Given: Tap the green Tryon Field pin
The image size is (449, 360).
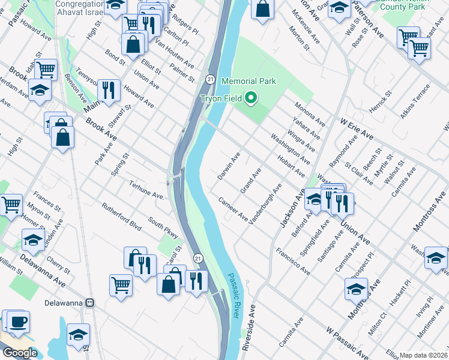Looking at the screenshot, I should click(x=253, y=98).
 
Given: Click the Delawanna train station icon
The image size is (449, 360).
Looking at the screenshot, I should click(x=90, y=302).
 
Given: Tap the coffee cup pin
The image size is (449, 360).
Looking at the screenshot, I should click(x=17, y=322).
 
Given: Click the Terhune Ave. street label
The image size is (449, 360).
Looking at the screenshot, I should click(x=146, y=192).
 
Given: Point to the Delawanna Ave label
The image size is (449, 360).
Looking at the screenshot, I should click(x=42, y=270).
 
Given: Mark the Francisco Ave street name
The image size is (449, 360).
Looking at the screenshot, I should click(x=293, y=260).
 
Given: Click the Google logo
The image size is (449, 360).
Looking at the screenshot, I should click(x=19, y=353).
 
